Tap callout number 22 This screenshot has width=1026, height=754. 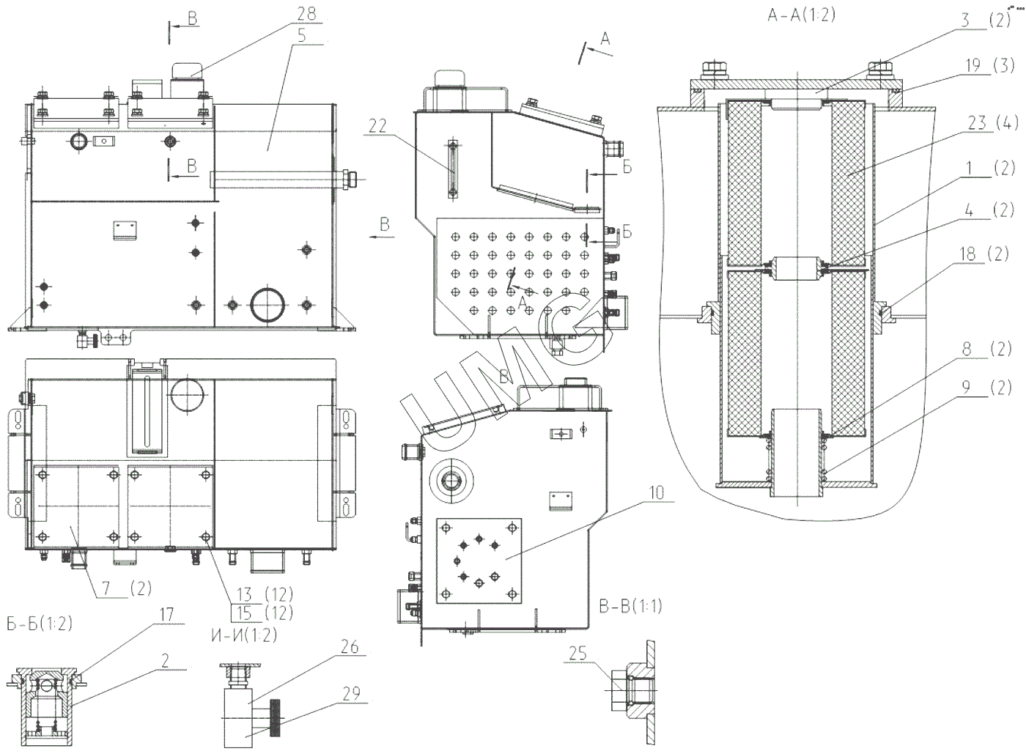[377, 127]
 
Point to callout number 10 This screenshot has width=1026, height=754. [656, 492]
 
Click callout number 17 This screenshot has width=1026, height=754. [166, 614]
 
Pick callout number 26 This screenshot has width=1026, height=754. [350, 646]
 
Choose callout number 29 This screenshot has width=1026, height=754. [351, 692]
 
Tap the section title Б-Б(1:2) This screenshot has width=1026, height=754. [39, 624]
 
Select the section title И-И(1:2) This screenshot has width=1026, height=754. [243, 635]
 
